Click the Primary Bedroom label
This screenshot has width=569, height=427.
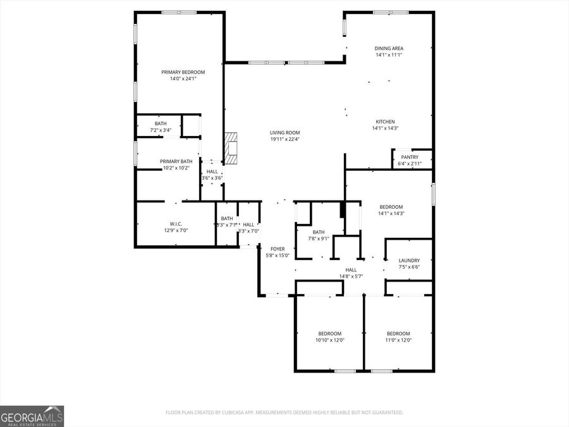click(x=183, y=72)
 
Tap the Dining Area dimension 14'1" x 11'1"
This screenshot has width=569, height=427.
click(x=389, y=55)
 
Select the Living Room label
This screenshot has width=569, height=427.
click(x=284, y=133)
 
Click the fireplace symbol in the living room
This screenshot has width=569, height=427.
click(x=231, y=148)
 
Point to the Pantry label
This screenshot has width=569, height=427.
click(x=410, y=157)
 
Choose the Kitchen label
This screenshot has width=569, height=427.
click(x=385, y=121)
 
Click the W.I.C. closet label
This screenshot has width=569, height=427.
click(x=176, y=223)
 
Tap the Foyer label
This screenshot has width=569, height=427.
click(x=277, y=249)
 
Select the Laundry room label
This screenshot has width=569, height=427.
click(x=409, y=261)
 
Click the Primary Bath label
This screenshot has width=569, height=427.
click(x=176, y=161)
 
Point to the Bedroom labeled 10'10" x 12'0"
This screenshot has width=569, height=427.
click(x=329, y=333)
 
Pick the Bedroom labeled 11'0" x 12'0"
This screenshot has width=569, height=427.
click(x=398, y=333)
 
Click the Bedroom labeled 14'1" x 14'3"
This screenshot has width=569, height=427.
click(x=391, y=207)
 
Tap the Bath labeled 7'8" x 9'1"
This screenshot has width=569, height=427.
click(x=318, y=232)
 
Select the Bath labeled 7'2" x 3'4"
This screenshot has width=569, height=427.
click(x=161, y=123)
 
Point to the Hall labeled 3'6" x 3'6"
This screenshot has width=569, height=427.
click(x=212, y=171)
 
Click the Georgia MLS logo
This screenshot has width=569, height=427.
click(x=32, y=416)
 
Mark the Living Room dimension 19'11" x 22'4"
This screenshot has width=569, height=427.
click(x=284, y=140)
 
